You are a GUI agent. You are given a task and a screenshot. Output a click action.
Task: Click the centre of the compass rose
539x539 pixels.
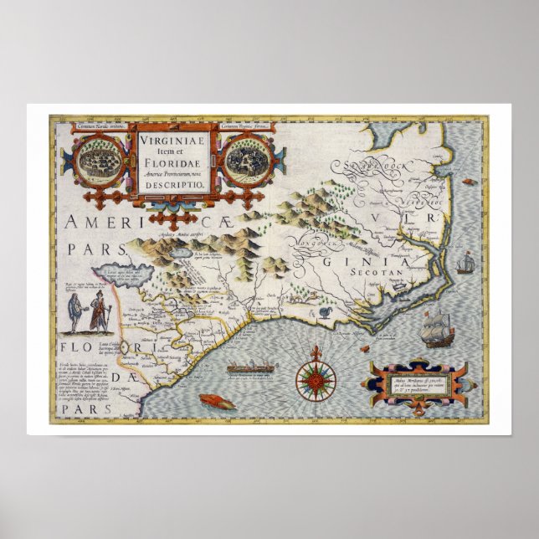click(316, 381)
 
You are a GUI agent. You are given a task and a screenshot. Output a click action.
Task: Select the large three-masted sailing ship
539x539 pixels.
click(436, 328)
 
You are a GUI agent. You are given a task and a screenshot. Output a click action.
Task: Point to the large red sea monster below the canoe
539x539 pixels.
click(216, 401)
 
